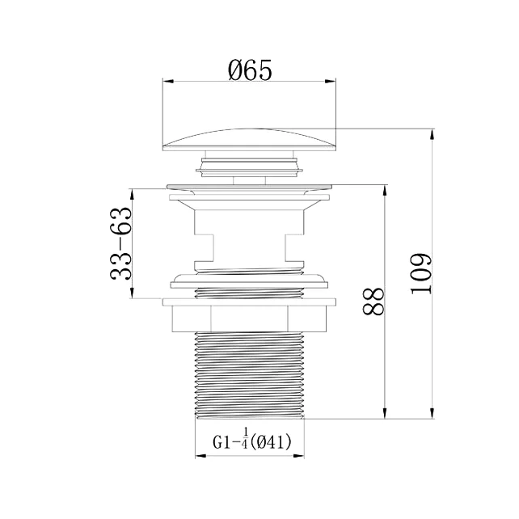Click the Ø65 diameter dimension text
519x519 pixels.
coord(251,70)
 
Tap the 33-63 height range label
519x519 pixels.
coord(120,243)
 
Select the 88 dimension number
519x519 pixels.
coord(373,302)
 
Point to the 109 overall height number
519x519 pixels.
coord(421,274)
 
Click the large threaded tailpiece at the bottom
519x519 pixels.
coord(250,375)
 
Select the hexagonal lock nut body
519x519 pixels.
coord(249,319)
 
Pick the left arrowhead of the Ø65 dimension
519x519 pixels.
coord(168,82)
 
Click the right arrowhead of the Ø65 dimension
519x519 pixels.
coord(331,82)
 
